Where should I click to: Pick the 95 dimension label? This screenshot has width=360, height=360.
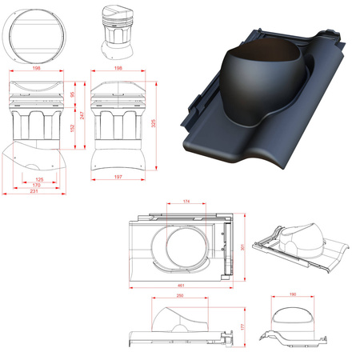click(72, 95)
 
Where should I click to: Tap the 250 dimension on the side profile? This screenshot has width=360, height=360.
click(183, 297)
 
